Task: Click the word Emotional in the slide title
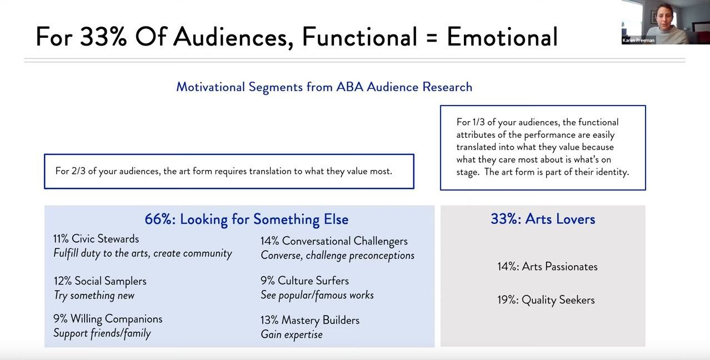tap(502, 37)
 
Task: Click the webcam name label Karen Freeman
tap(638, 41)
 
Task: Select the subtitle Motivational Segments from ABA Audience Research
tap(324, 87)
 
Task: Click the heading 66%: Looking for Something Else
tap(247, 219)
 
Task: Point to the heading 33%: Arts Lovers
tap(543, 219)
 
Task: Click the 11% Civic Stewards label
tap(96, 239)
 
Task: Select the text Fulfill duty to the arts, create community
tap(143, 253)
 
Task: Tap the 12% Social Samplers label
tap(100, 281)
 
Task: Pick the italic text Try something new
tap(94, 296)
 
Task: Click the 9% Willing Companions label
tap(108, 319)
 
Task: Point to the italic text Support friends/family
tap(102, 333)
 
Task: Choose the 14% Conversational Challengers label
tap(334, 241)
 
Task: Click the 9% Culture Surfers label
tap(304, 281)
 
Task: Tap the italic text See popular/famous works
tap(317, 296)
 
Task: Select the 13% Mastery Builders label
tap(310, 321)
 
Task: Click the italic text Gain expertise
tap(292, 334)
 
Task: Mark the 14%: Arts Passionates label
tap(547, 267)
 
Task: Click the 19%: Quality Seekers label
tap(546, 300)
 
